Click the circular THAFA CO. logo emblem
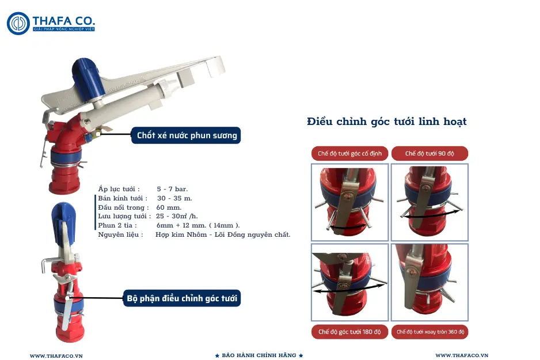click(x=18, y=23)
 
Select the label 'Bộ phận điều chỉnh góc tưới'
click(x=181, y=298)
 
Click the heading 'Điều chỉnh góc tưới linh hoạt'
click(x=386, y=122)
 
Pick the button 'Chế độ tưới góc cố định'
click(x=349, y=154)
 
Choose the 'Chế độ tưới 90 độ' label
click(x=429, y=154)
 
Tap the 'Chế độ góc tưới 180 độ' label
click(x=349, y=332)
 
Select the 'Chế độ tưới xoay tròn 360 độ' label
click(x=429, y=332)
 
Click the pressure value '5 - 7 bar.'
click(x=172, y=189)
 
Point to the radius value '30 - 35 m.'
click(x=174, y=198)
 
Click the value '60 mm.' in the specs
click(x=169, y=207)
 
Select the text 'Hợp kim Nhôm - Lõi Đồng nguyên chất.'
click(x=223, y=234)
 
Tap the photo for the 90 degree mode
click(x=429, y=202)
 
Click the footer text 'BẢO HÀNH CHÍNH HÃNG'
click(x=258, y=355)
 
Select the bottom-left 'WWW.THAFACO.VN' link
click(x=56, y=356)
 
